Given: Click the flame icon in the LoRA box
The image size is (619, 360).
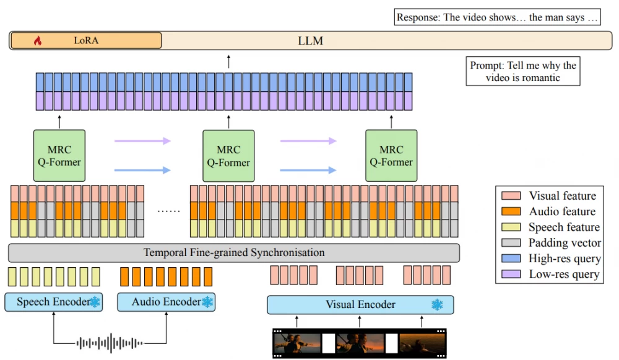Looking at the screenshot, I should click(37, 41).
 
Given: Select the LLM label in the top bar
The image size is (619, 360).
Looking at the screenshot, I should click(310, 41).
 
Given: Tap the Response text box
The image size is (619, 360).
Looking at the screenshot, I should click(498, 17).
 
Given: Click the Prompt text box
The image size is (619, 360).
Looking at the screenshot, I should click(523, 71).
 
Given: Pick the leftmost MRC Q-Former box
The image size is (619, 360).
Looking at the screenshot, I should click(59, 156).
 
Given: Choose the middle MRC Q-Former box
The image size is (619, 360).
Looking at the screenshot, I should click(228, 156).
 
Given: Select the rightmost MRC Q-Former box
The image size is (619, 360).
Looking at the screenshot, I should click(391, 156).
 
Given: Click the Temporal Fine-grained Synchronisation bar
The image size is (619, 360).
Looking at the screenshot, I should click(234, 253).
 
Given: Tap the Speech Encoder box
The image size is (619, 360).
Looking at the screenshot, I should click(53, 302).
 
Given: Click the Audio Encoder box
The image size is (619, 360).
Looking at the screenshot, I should click(165, 302).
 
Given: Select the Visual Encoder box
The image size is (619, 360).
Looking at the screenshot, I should click(360, 304).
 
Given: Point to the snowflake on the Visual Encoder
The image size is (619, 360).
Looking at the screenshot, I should click(438, 304).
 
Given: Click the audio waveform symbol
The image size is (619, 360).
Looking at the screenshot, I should click(110, 342).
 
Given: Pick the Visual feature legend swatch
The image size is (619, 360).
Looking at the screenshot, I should click(512, 196).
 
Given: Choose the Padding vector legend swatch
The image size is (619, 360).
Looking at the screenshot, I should click(512, 242).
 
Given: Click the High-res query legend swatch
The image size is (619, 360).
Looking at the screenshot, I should click(512, 259).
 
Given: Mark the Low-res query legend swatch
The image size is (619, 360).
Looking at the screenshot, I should click(512, 274).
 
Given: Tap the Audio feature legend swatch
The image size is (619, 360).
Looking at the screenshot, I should click(512, 212).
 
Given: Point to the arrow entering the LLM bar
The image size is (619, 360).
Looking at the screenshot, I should click(228, 61).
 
